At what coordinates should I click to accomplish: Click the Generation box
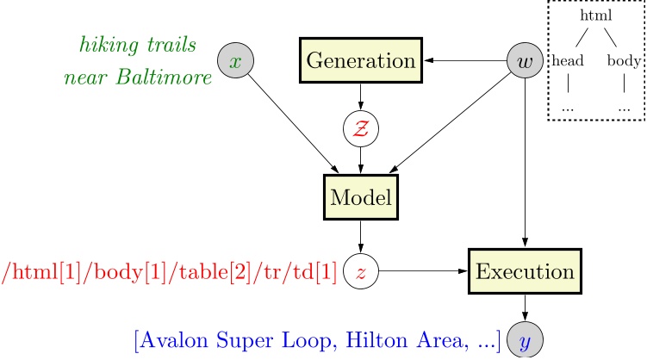[x=360, y=61]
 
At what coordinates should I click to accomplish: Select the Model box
[x=360, y=198]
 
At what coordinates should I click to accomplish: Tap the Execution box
[x=525, y=272]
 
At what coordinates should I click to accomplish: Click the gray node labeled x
[x=237, y=61]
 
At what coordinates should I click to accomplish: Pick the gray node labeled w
[x=524, y=61]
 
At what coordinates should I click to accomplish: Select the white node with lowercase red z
[x=360, y=272]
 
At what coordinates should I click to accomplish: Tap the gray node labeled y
[x=525, y=341]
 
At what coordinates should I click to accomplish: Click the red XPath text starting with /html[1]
[x=169, y=272]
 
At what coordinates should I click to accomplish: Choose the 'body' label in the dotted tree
[x=622, y=61]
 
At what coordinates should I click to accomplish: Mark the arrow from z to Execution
[x=422, y=272]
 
